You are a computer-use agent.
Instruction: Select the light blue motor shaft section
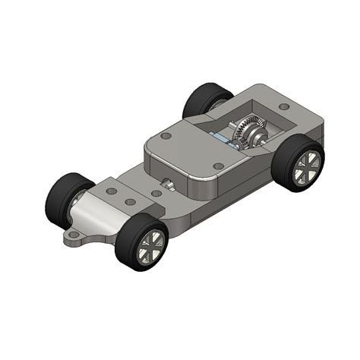[221, 137]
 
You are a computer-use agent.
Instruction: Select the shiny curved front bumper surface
[99, 216]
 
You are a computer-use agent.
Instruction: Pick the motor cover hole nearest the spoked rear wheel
[218, 166]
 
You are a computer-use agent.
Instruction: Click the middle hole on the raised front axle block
[131, 203]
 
